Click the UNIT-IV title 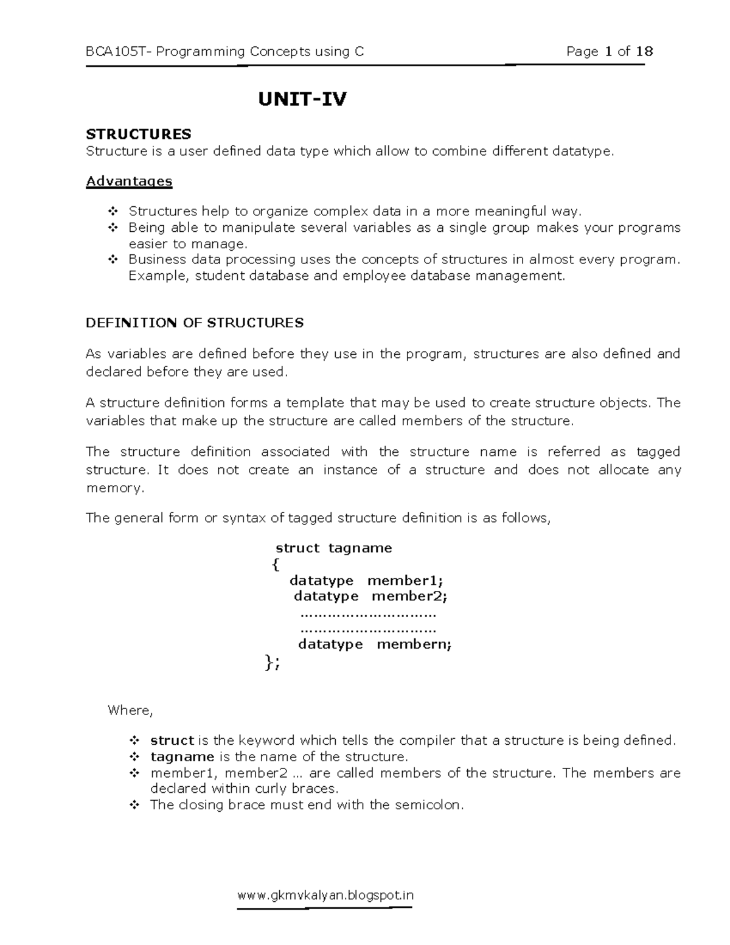tap(302, 99)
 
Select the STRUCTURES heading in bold tap(138, 134)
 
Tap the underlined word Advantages tap(129, 181)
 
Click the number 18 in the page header tap(644, 52)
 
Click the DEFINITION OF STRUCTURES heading tap(195, 323)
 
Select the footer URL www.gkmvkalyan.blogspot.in tap(325, 895)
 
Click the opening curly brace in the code tap(276, 565)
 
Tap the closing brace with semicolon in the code tap(273, 663)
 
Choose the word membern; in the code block tap(414, 644)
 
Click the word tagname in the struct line tap(360, 548)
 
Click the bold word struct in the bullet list tap(172, 741)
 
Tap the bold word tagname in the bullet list tap(182, 757)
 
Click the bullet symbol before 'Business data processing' tap(112, 260)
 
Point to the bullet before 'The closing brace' tap(134, 805)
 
